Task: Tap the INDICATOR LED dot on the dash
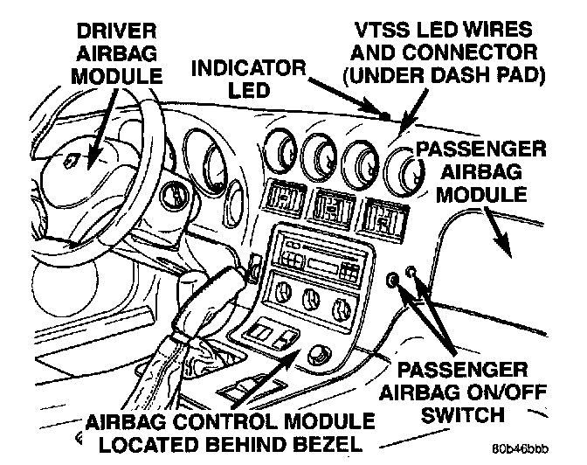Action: [x=384, y=114]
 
